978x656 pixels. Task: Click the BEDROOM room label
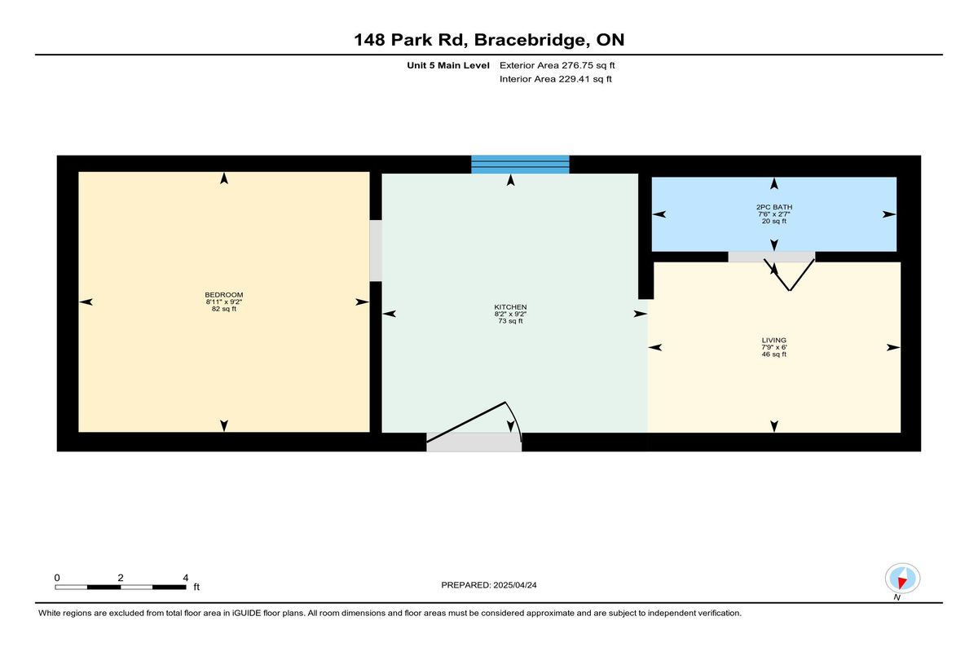coord(224,295)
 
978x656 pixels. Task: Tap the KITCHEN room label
coord(510,307)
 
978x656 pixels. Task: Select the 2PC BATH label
coord(774,207)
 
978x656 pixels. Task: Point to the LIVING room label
coord(774,341)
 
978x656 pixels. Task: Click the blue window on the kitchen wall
coord(520,165)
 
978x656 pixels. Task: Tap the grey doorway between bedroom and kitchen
coord(376,250)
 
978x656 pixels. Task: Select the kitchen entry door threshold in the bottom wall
coord(474,442)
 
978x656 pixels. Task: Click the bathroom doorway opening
coord(772,257)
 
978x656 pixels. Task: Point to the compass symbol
coord(902,579)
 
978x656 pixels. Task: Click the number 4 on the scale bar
coord(186,578)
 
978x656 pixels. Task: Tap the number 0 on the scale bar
coord(57,578)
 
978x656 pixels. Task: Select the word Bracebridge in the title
coord(530,40)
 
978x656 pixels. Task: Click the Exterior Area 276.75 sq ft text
coord(557,65)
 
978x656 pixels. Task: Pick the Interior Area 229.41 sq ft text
coord(555,79)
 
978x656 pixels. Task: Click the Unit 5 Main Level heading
coord(448,65)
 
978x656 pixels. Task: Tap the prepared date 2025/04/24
coord(515,585)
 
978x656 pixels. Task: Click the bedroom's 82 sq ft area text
coord(224,309)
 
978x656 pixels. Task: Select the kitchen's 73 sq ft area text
coord(510,321)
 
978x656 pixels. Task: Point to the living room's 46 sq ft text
coord(774,354)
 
